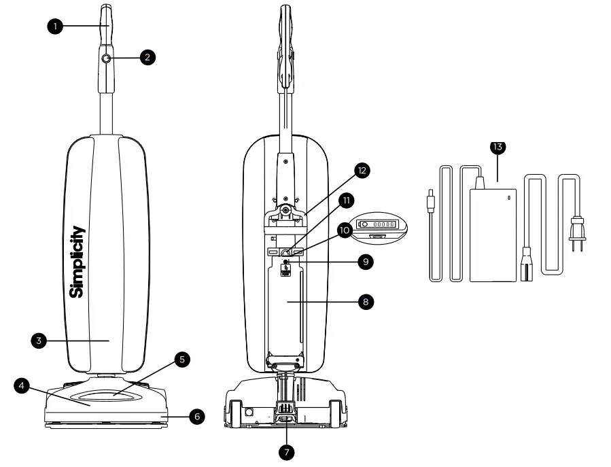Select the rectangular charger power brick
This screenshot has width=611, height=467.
click(x=493, y=233)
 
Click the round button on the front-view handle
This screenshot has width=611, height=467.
click(x=106, y=60)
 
